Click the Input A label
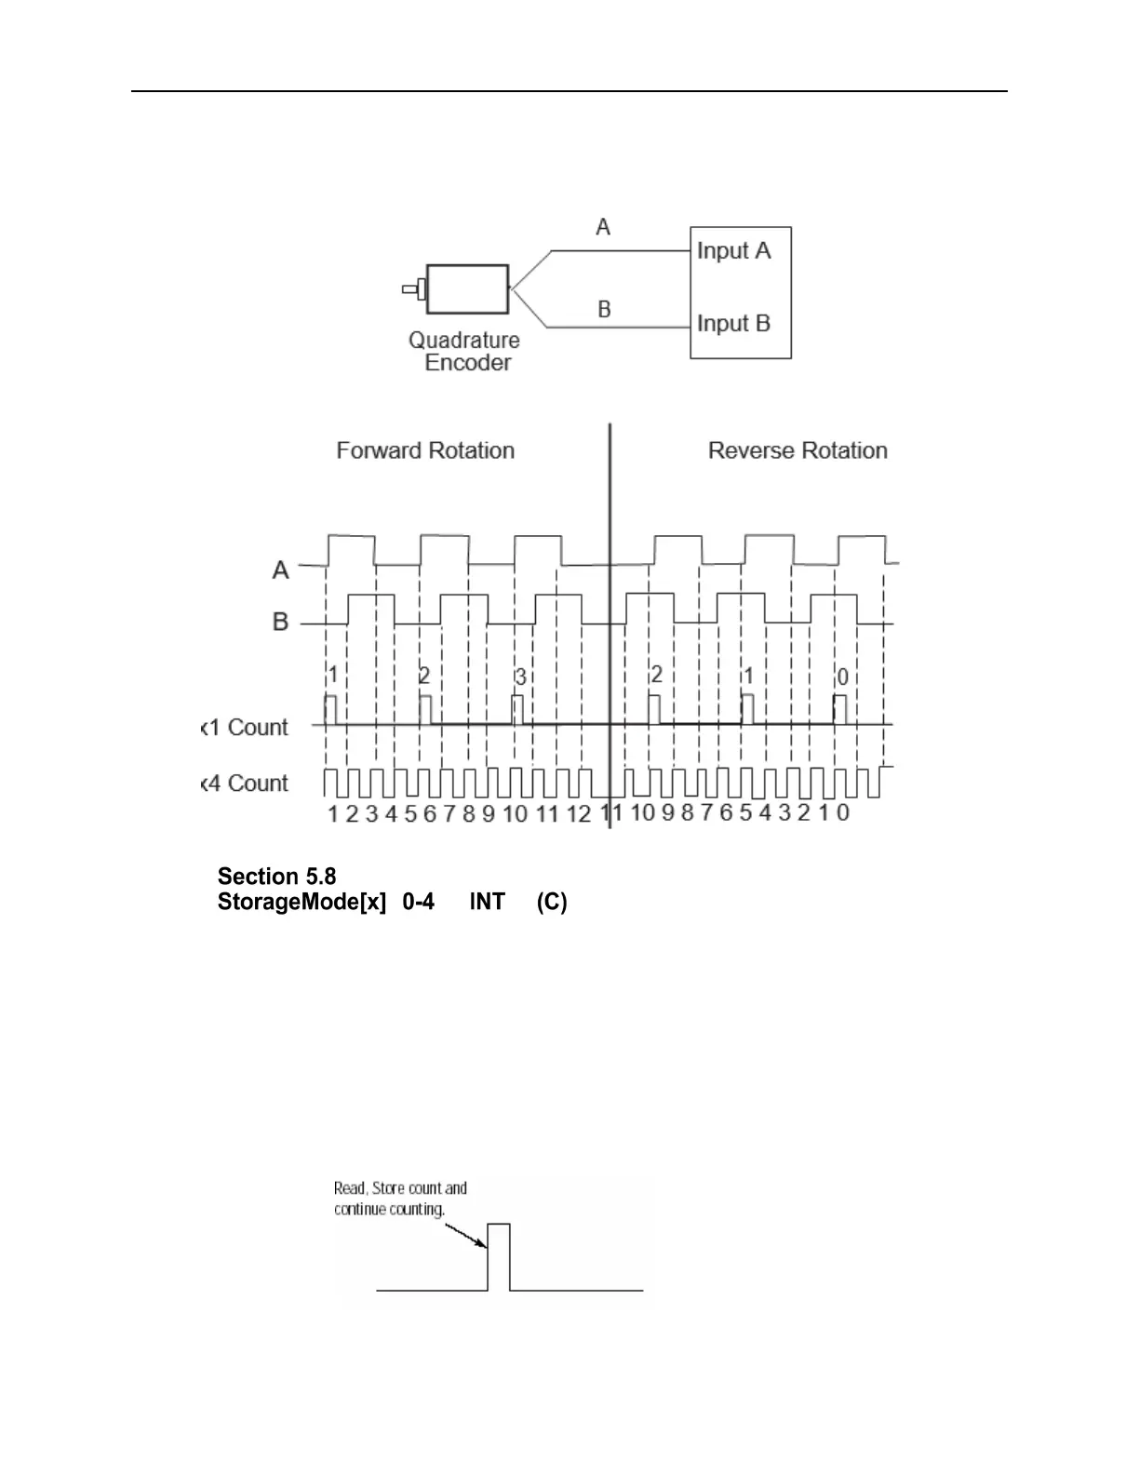click(x=733, y=250)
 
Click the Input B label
click(x=733, y=323)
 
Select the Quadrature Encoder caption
click(x=464, y=352)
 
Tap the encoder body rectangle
click(x=467, y=289)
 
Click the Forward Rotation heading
click(x=425, y=450)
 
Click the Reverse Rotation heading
click(x=797, y=450)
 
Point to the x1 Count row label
click(x=246, y=727)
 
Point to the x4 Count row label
click(x=246, y=783)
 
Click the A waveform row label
click(x=280, y=569)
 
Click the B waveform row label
click(x=280, y=622)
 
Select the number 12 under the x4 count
click(x=579, y=814)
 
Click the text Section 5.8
click(x=276, y=877)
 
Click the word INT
click(x=487, y=902)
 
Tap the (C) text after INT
click(x=552, y=902)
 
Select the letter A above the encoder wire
click(x=603, y=227)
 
